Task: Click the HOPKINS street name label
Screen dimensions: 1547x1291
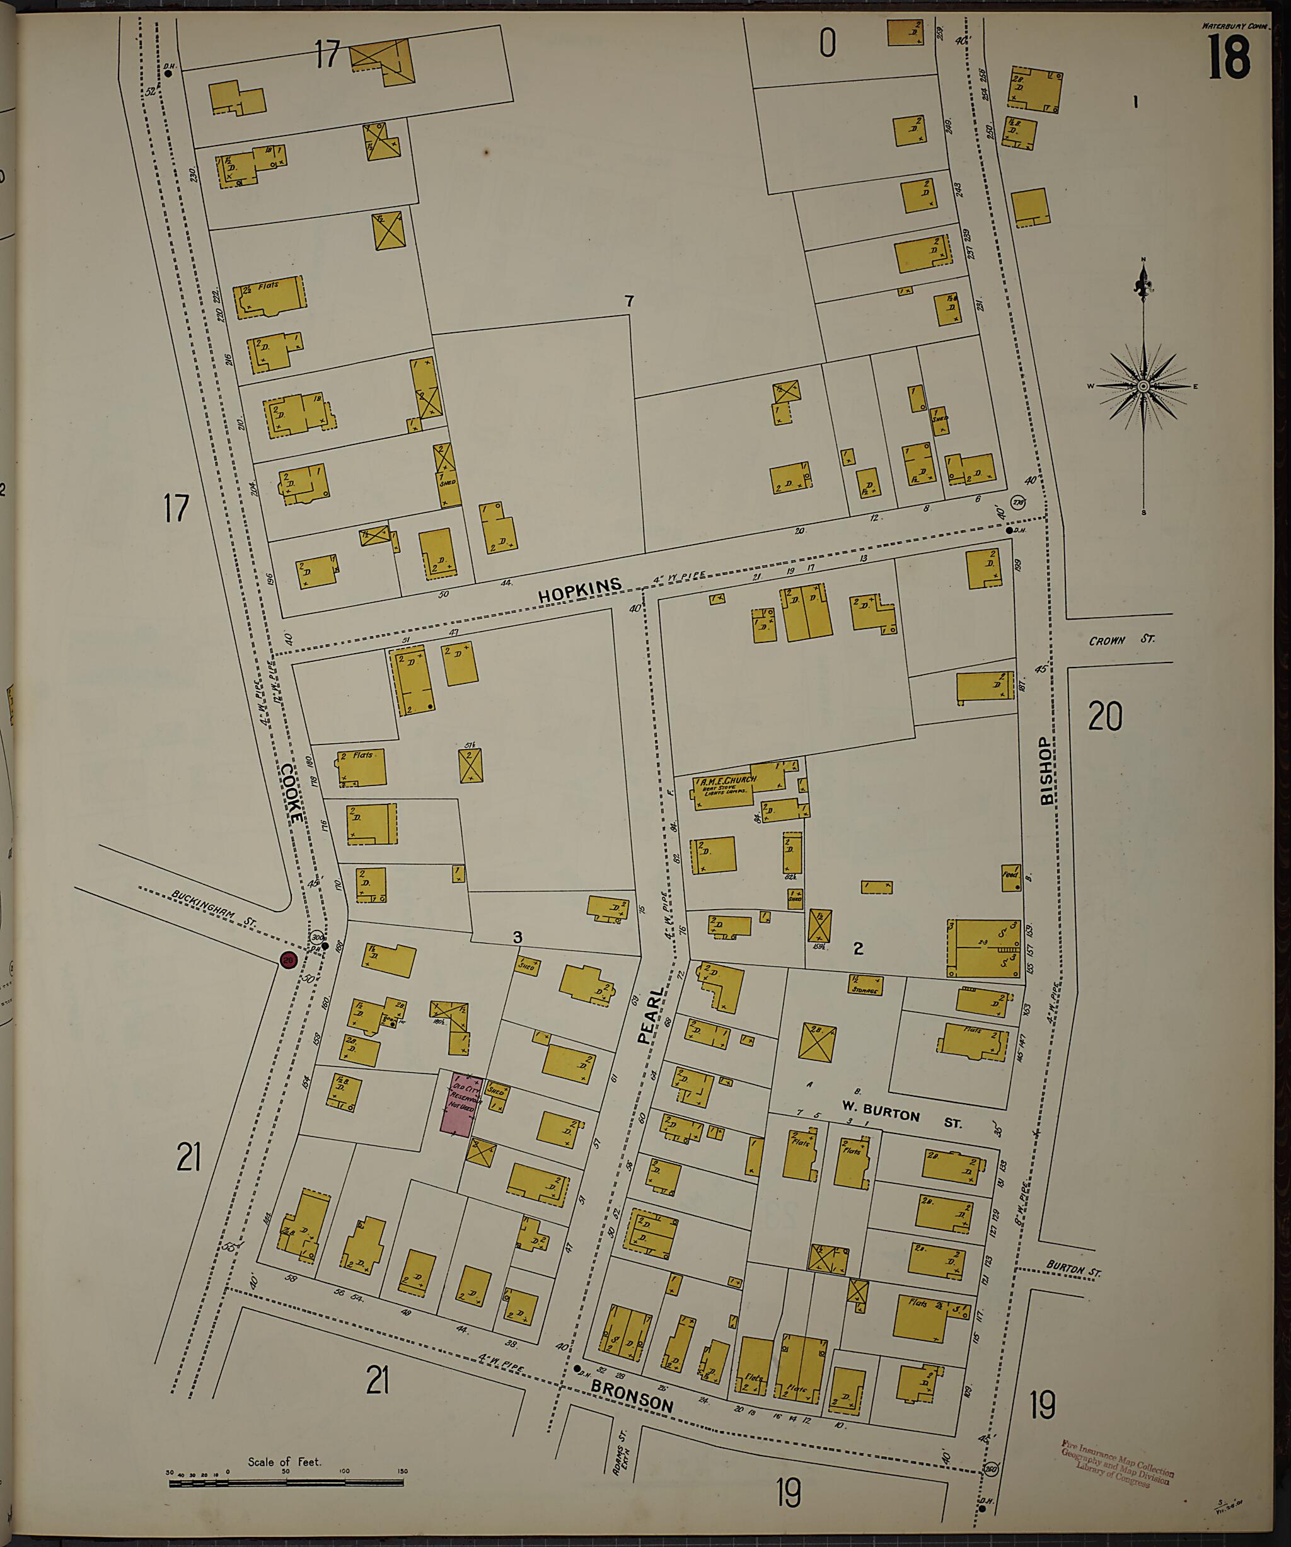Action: [x=579, y=590]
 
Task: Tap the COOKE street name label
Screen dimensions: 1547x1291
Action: [x=291, y=792]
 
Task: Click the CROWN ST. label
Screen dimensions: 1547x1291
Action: [x=1121, y=640]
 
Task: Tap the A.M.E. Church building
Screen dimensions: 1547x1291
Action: [x=726, y=788]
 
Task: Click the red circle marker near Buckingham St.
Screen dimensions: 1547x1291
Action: [x=288, y=960]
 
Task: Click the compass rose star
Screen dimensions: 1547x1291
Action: [x=1143, y=386]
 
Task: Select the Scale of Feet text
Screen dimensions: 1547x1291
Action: [x=284, y=1461]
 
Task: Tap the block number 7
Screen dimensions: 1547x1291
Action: [x=628, y=301]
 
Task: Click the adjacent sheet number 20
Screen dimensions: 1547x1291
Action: [x=1104, y=716]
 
